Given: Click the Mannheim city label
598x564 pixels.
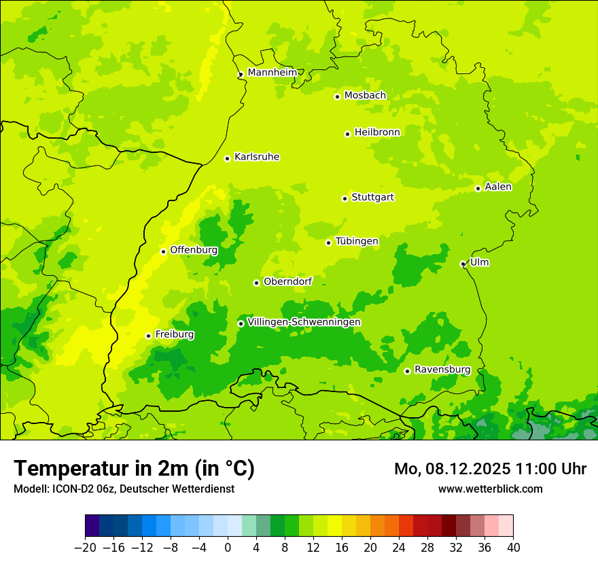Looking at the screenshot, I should point(272,73).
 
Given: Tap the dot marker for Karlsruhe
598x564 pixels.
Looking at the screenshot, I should point(228,158).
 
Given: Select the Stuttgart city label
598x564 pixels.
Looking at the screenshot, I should point(372,197).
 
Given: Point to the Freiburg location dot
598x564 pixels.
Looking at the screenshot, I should point(148,336).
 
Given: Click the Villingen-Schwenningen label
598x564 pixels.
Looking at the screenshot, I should point(304,322).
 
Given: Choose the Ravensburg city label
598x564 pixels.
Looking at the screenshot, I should point(442,370).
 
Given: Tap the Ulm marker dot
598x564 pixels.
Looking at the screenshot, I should point(463,264).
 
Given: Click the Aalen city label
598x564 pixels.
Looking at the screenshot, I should point(498,187).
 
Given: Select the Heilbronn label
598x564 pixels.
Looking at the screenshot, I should point(377,133).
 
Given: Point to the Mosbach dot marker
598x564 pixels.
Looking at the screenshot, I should point(337,96).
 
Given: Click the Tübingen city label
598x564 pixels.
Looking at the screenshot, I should point(357,241).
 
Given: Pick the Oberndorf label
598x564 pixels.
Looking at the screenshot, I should point(287,281).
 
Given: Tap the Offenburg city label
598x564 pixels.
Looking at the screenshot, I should point(194,250).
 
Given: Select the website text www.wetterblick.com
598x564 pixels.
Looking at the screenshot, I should point(490,489).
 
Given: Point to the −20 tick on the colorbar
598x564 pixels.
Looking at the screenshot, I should point(85,548).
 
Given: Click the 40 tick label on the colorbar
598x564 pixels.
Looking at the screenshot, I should point(513,548).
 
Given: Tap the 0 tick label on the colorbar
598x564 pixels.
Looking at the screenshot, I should point(228,548).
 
